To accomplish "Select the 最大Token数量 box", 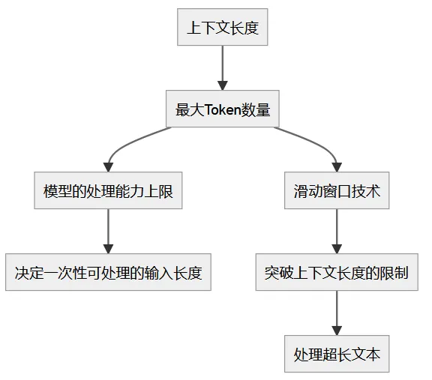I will point(222,110).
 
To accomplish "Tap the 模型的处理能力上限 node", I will point(108,191).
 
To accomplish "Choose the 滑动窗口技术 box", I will point(337,191).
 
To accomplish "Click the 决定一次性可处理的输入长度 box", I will point(108,273).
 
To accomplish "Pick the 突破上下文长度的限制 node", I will point(337,273).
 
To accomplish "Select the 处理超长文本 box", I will point(337,354).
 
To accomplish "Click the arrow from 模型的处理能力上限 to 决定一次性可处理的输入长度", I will point(108,232).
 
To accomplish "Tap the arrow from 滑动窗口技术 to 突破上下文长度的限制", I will point(337,232).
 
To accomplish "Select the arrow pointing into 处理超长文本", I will point(337,313).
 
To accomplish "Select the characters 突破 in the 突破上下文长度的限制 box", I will point(277,273).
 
